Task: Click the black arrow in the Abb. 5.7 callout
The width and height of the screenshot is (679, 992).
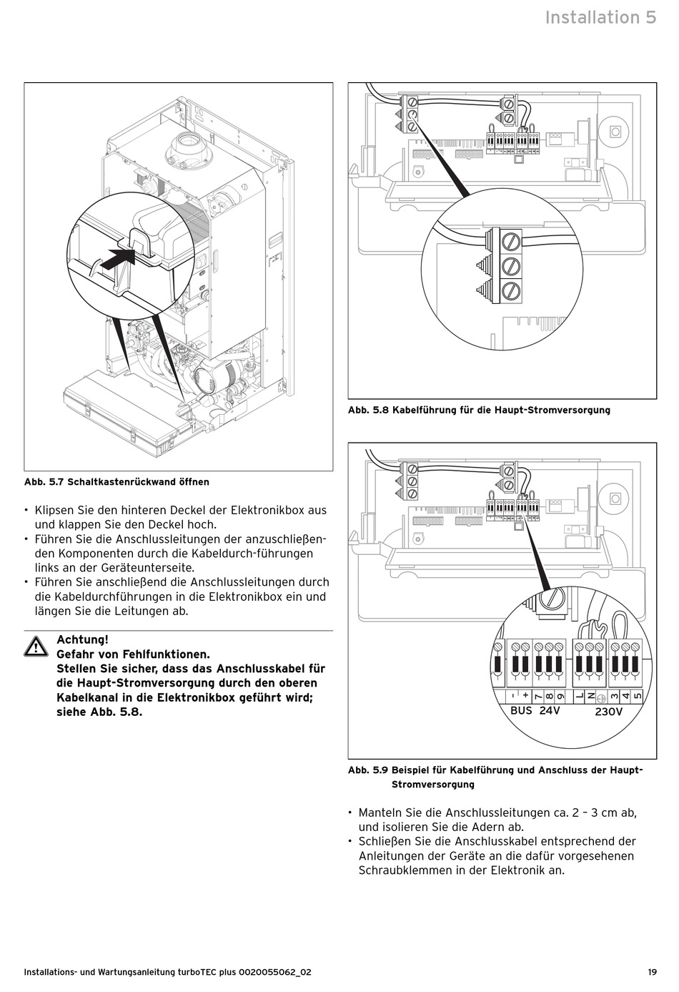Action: [x=115, y=258]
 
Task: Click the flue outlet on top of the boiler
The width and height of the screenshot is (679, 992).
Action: [x=187, y=148]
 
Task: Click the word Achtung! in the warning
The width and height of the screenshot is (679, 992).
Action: [x=82, y=639]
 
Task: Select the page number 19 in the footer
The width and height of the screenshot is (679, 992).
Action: [x=652, y=972]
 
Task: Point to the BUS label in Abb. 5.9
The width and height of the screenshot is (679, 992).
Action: [x=521, y=711]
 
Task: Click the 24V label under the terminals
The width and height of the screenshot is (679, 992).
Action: [x=550, y=711]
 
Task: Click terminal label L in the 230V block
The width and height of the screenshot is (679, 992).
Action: [x=580, y=696]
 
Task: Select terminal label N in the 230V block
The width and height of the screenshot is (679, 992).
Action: [x=591, y=696]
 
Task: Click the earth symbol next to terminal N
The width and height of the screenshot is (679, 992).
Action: [x=602, y=697]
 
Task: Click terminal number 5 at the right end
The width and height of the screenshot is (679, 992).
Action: [x=638, y=696]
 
